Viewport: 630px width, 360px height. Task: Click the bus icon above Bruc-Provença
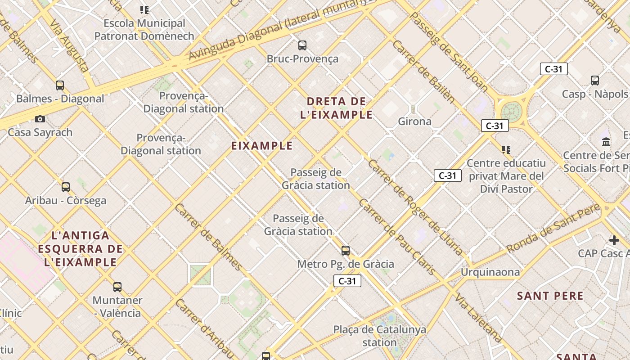302,45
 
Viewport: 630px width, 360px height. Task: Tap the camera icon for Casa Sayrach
40,119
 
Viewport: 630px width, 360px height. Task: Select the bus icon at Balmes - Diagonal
60,85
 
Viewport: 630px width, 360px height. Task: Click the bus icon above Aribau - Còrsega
66,187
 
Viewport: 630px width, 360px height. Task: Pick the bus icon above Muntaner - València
117,287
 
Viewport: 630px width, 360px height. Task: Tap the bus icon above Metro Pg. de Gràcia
346,251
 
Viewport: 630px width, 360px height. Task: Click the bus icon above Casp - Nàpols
595,81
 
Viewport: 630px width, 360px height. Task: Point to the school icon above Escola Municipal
144,9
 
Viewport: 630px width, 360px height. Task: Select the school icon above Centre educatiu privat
506,149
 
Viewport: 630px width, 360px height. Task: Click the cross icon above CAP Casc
614,240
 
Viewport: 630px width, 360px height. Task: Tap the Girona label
414,121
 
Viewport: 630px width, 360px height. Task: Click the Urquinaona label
490,272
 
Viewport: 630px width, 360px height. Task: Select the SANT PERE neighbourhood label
550,296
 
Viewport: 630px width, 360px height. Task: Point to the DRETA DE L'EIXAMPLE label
337,108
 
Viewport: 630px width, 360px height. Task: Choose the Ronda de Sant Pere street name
553,228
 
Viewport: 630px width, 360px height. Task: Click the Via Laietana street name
478,318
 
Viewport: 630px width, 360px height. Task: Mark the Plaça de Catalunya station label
379,336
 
